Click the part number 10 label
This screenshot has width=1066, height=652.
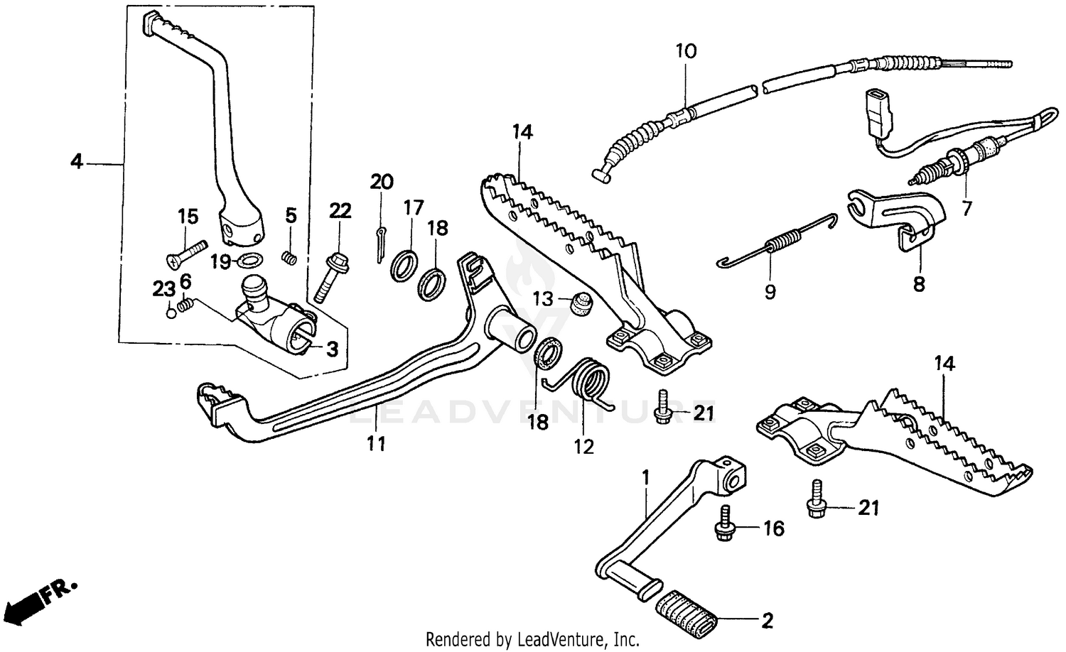(686, 51)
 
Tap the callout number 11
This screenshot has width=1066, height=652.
(376, 444)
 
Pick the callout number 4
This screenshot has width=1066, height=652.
(76, 163)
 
